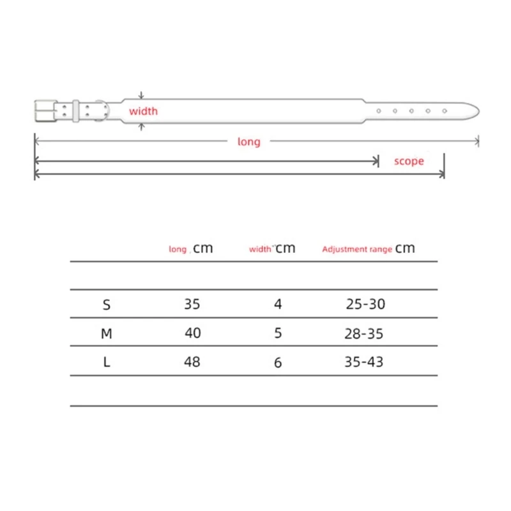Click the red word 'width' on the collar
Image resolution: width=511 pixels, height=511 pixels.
click(143, 111)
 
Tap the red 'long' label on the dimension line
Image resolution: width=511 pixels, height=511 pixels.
click(249, 142)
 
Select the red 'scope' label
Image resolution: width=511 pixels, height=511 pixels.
click(409, 161)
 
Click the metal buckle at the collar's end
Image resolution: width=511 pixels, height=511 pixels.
click(45, 111)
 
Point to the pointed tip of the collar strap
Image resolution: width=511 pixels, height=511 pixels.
click(478, 111)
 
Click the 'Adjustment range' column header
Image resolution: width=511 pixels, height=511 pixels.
click(357, 249)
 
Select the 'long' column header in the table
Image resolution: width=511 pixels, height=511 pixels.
click(178, 249)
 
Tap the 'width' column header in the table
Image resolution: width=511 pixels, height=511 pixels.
click(260, 249)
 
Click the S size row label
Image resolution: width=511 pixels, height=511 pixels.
click(107, 305)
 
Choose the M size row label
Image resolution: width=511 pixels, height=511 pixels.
click(107, 333)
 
